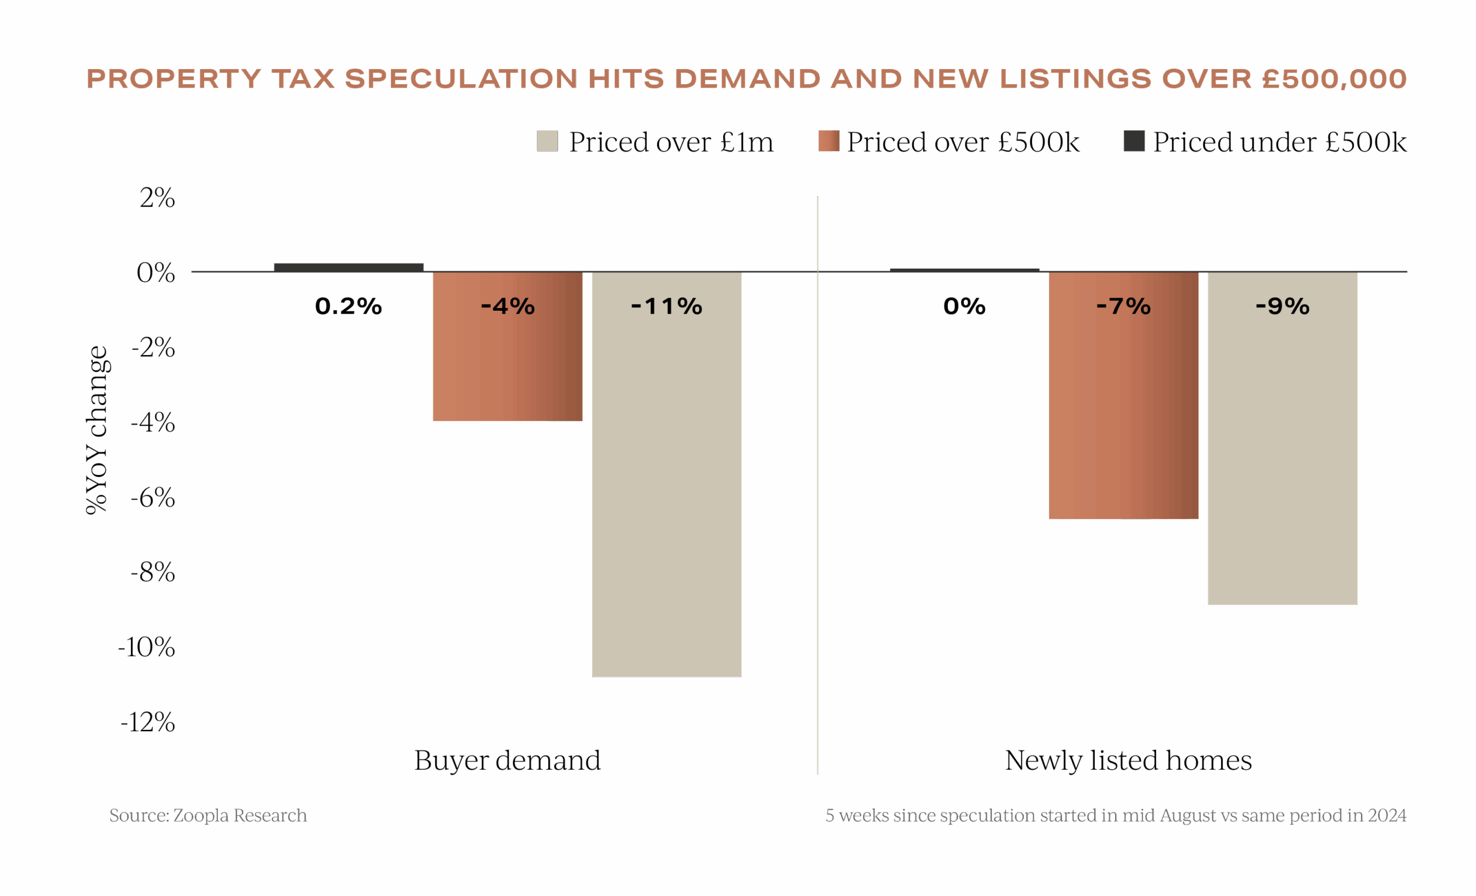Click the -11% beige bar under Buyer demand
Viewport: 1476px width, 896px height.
[667, 491]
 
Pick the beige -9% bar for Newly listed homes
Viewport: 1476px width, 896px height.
[1282, 455]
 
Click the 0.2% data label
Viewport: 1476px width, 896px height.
[348, 307]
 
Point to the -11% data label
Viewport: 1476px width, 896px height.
[667, 307]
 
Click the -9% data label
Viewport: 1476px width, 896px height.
[1282, 307]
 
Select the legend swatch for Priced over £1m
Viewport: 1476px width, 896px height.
[547, 141]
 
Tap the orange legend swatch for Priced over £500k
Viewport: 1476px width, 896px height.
[828, 141]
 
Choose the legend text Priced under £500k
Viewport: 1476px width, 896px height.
[1279, 142]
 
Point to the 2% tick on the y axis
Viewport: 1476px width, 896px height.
[157, 198]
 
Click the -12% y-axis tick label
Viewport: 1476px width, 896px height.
[148, 722]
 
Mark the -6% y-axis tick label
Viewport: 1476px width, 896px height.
[153, 498]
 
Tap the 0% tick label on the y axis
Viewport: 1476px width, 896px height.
[156, 273]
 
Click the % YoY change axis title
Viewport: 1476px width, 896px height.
[96, 430]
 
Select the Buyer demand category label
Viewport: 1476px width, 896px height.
[507, 760]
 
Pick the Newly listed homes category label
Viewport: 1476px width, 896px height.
[1128, 760]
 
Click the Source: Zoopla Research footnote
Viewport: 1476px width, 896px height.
[208, 815]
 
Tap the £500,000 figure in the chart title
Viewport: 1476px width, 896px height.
[1334, 79]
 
